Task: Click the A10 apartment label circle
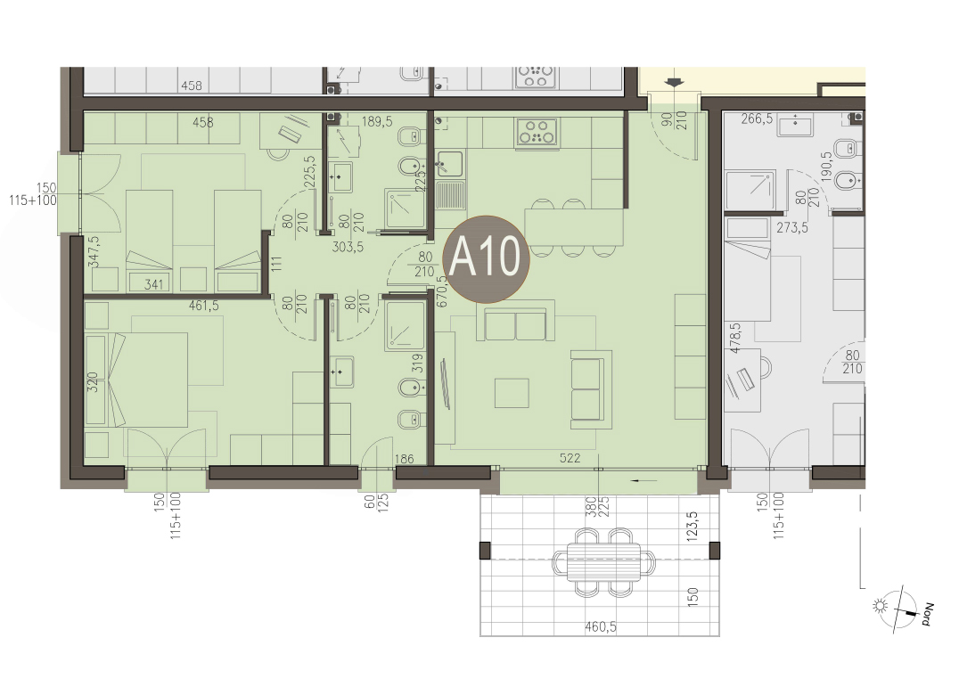coord(485,258)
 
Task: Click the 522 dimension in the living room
coord(570,458)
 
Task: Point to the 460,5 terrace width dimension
coord(600,626)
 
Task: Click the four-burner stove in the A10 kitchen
coord(537,131)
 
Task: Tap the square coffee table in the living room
coord(512,392)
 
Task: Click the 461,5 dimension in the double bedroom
coord(204,305)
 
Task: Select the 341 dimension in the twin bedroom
coord(153,283)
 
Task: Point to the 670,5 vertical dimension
coord(442,291)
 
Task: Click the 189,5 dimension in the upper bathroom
coord(377,122)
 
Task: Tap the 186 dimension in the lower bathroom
coord(405,459)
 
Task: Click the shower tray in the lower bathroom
coord(405,323)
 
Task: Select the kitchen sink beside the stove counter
coord(449,162)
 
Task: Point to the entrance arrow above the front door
coord(675,83)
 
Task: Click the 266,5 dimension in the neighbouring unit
coord(757,119)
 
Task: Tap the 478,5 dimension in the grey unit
coord(735,338)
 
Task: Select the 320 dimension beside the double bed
coord(93,382)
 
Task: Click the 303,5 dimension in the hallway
coord(348,247)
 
